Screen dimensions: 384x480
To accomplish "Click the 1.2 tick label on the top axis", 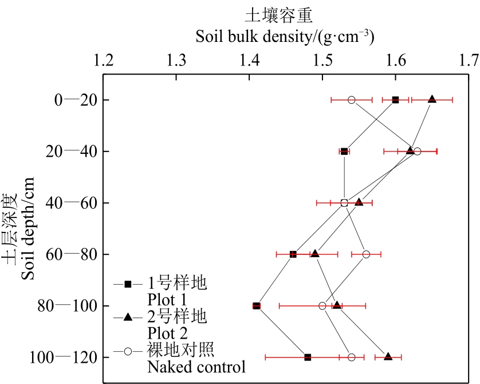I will (103, 60).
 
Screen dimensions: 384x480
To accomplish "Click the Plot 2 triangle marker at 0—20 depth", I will (432, 99).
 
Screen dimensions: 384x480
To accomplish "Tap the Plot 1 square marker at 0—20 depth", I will (395, 100).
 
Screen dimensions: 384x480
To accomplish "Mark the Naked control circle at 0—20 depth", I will (352, 100).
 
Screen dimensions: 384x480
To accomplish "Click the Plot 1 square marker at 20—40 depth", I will (344, 152).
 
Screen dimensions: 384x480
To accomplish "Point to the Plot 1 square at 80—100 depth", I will (257, 306).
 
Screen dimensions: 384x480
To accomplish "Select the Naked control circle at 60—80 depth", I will (366, 254).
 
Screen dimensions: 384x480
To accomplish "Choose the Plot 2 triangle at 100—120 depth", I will (388, 356).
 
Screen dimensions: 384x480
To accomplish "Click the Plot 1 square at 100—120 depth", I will (308, 357).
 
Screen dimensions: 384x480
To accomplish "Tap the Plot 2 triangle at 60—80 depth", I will (315, 254).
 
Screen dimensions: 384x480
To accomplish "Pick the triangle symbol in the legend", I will (128, 316).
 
